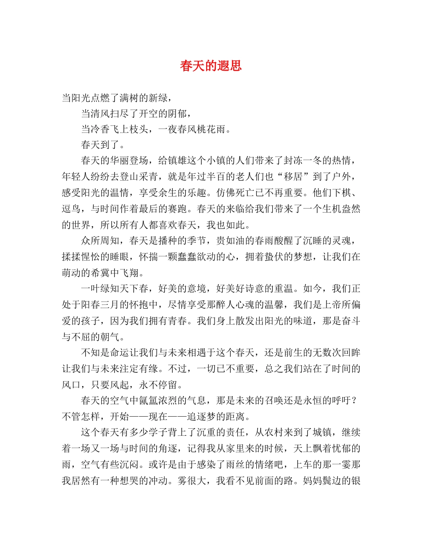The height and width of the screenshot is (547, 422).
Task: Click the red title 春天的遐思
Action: pyautogui.click(x=211, y=66)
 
